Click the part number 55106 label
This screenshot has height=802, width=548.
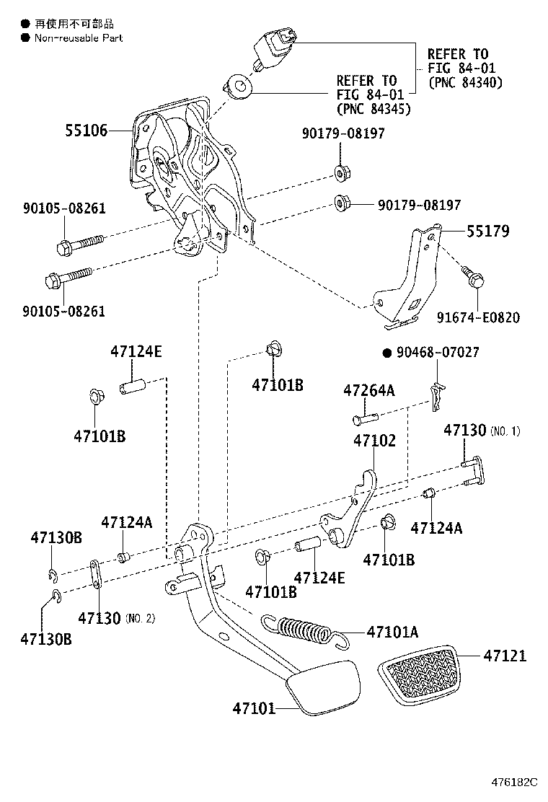86,131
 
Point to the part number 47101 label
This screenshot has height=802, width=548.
254,708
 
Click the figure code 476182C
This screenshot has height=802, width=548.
515,782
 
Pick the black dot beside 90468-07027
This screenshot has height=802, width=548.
386,353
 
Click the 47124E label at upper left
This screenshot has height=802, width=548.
136,352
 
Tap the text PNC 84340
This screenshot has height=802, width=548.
465,82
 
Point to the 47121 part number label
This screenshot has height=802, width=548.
505,656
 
